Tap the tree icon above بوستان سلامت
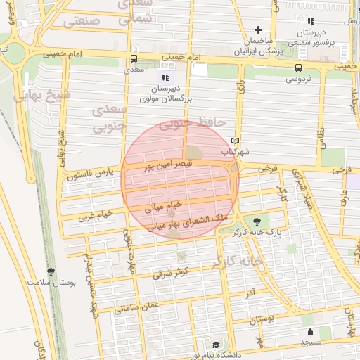pyautogui.click(x=51, y=271)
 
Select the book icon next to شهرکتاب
pyautogui.click(x=235, y=141)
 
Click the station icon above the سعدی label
pyautogui.click(x=134, y=59)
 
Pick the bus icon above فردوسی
pyautogui.click(x=300, y=68)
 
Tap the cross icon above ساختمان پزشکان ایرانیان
pyautogui.click(x=259, y=30)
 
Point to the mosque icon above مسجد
pyautogui.click(x=309, y=332)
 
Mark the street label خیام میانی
pyautogui.click(x=163, y=206)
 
